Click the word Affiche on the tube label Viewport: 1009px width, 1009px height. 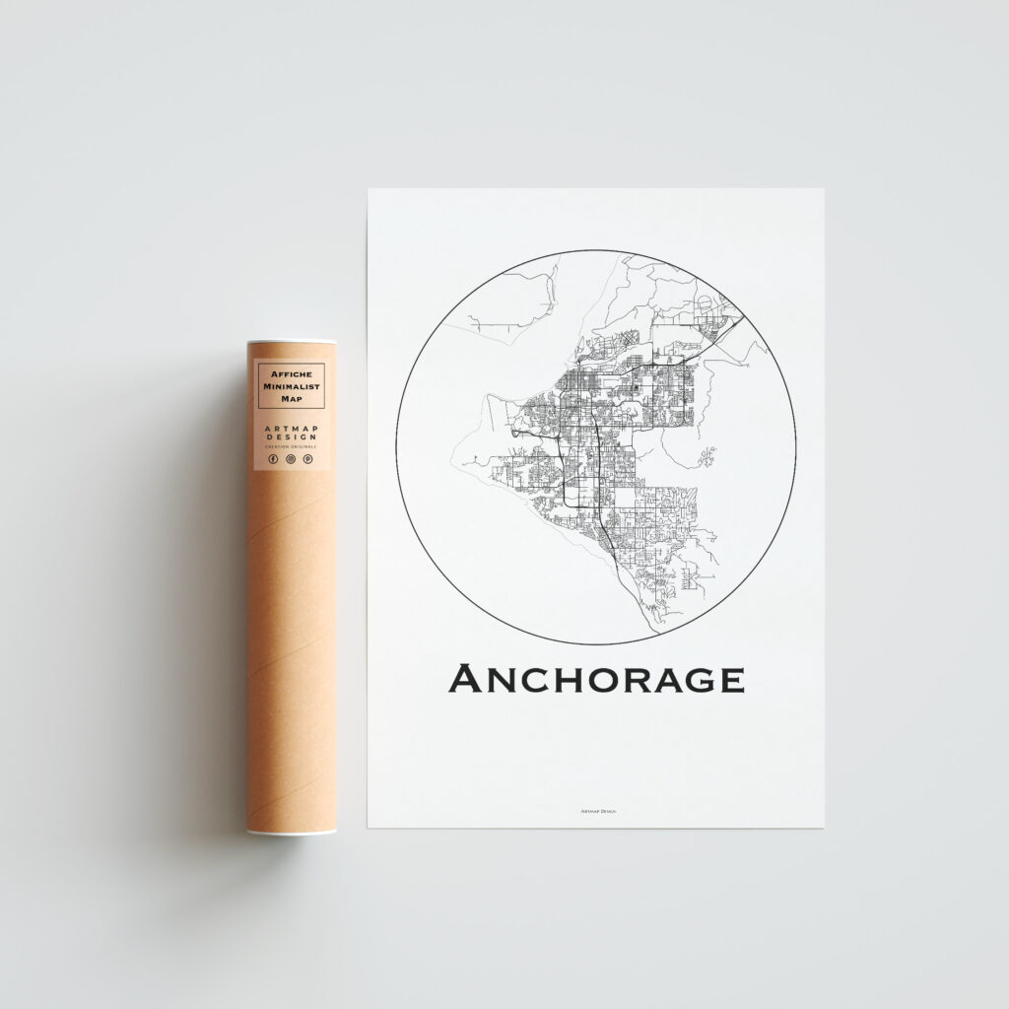coord(290,374)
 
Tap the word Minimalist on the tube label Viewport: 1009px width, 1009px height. coord(290,386)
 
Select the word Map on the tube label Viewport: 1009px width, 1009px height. coord(290,398)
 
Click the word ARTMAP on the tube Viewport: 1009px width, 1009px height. coord(290,429)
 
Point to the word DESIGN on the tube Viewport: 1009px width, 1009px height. coord(290,438)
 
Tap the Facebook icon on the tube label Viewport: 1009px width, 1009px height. coord(273,459)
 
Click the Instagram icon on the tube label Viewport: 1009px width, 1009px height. coord(290,459)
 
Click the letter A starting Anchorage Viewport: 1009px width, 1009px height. coord(465,679)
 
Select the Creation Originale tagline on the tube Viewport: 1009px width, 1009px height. coord(290,447)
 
